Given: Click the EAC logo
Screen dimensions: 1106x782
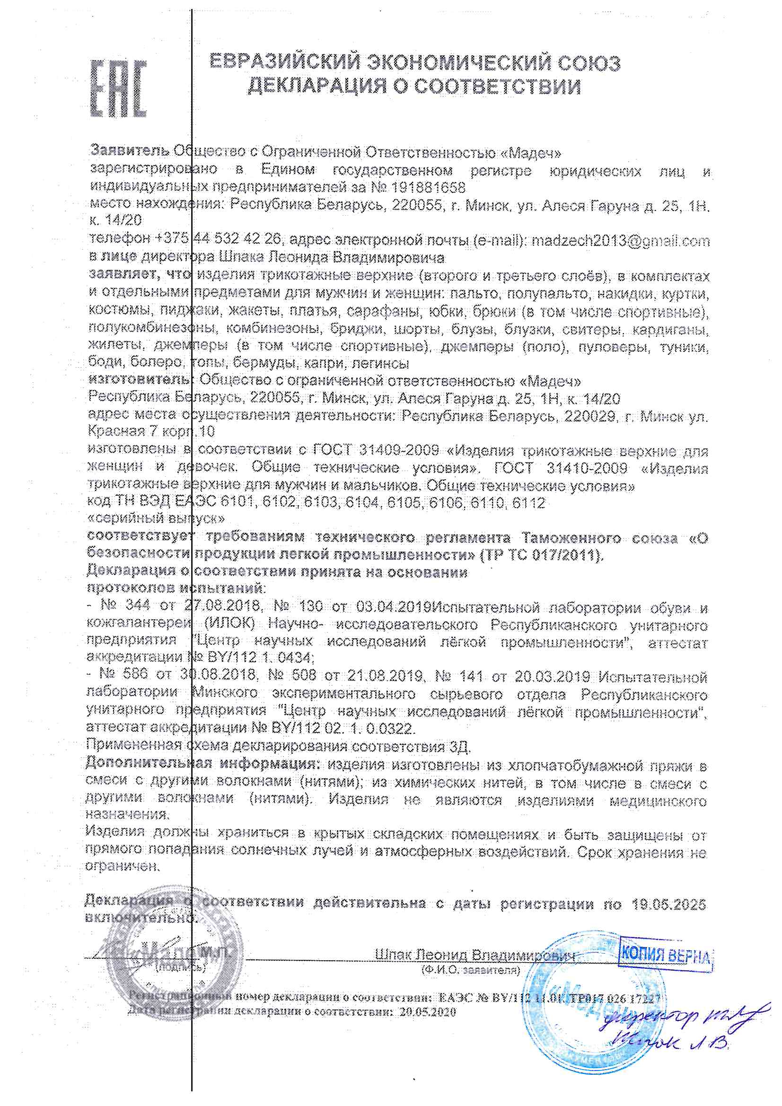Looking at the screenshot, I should point(118,88).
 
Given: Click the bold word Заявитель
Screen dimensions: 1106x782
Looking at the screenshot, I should point(130,151).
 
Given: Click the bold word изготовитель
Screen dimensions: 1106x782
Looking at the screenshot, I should point(140,380).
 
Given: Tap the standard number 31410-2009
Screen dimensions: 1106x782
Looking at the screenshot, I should point(588,468).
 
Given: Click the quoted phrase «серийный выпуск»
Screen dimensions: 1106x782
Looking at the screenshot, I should point(156,519).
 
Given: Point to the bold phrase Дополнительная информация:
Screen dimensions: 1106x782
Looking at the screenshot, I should point(202,764).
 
